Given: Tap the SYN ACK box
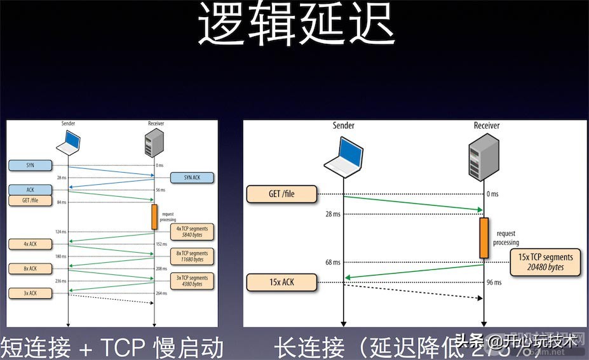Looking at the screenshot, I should (x=191, y=177).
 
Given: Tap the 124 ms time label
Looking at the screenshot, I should (x=61, y=232).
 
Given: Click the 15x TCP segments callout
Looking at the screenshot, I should (x=545, y=262).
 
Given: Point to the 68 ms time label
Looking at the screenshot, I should (x=332, y=262).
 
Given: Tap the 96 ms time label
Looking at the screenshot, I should (x=493, y=282).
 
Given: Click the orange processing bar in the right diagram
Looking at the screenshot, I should (x=484, y=237).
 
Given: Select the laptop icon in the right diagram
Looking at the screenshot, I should (x=344, y=156).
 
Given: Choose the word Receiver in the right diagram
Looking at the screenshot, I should (x=486, y=126).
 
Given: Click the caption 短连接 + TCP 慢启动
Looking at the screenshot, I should (x=112, y=347).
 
